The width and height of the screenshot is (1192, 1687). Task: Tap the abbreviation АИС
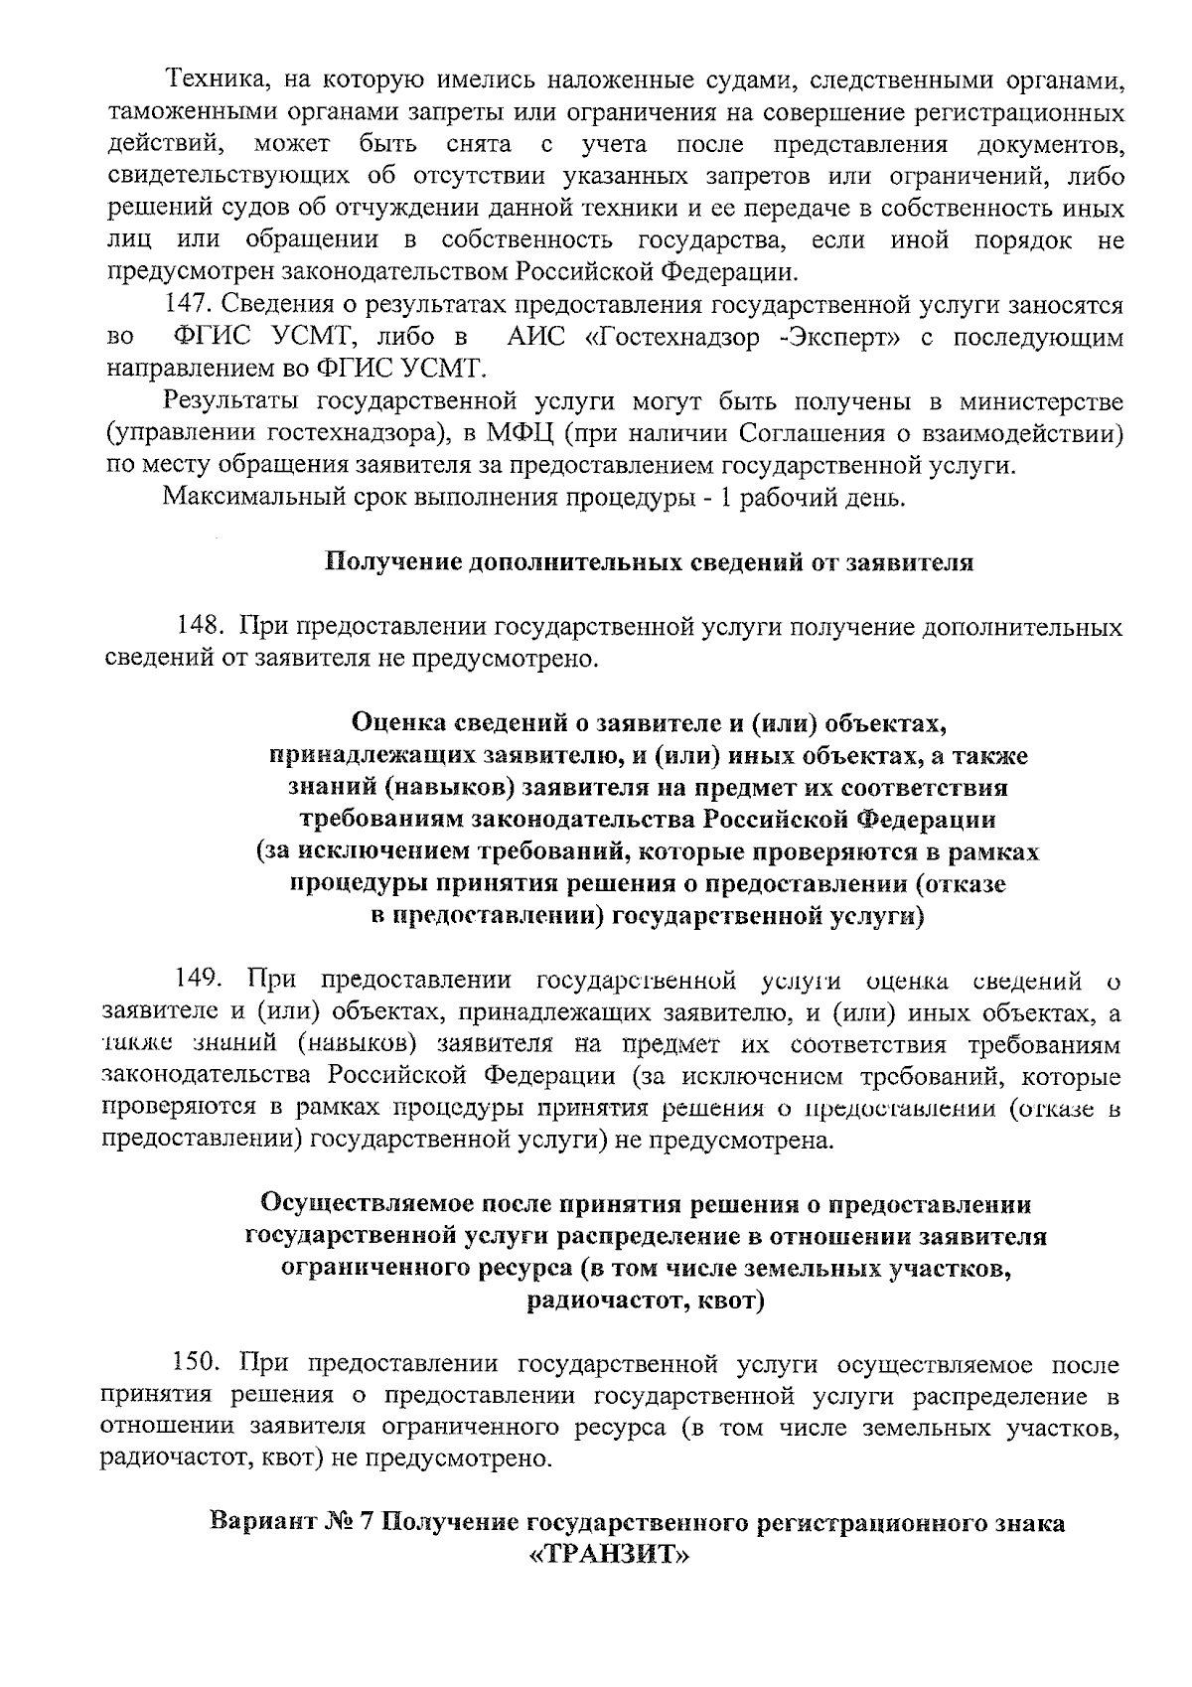pyautogui.click(x=535, y=338)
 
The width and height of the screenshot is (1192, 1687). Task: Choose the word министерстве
pyautogui.click(x=1042, y=401)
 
